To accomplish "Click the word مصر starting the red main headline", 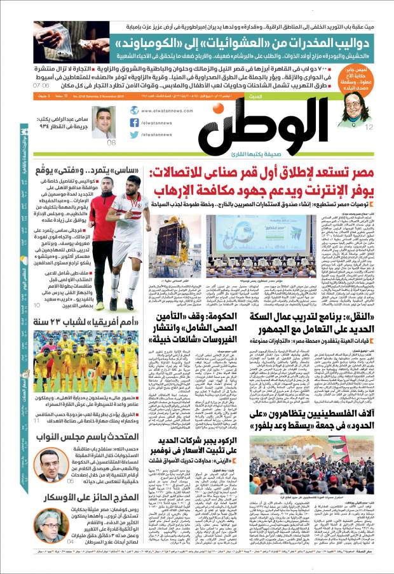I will pyautogui.click(x=366, y=172).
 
